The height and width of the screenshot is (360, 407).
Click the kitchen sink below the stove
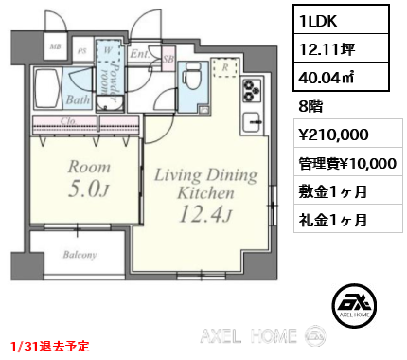(254, 122)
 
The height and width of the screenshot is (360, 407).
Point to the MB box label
(56, 45)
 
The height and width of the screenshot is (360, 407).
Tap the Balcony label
(80, 255)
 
